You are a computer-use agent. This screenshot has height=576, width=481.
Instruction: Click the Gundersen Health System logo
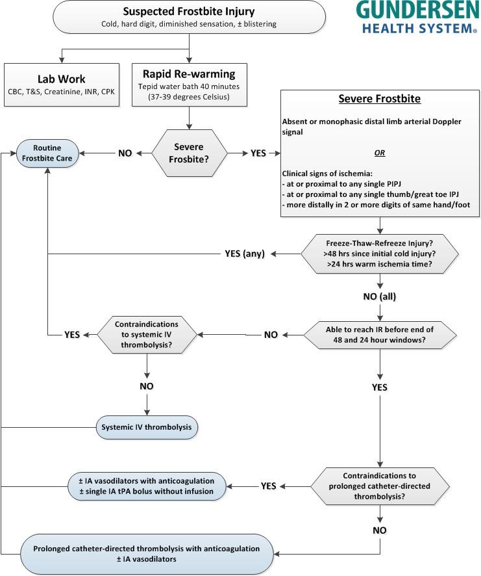[x=417, y=18]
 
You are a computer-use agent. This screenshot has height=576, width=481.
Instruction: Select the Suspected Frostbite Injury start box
[x=189, y=18]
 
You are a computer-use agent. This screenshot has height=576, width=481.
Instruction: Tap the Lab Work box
[x=62, y=85]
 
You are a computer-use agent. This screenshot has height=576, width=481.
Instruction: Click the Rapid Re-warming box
[x=190, y=85]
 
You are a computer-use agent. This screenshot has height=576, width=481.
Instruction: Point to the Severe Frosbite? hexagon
[x=189, y=153]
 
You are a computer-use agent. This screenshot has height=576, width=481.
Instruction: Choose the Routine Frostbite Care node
[x=47, y=153]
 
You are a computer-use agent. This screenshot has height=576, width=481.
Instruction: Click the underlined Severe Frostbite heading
[x=379, y=99]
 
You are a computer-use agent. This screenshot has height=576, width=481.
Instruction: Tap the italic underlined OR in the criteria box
[x=380, y=153]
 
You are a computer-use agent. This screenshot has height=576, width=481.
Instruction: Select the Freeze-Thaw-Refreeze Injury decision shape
[x=380, y=254]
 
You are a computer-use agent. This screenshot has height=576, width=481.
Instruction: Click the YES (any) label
[x=245, y=254]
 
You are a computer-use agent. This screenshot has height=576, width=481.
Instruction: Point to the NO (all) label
[x=380, y=296]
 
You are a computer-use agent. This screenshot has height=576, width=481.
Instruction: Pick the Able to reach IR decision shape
[x=380, y=335]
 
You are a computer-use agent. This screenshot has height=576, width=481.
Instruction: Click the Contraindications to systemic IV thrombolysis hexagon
[x=147, y=335]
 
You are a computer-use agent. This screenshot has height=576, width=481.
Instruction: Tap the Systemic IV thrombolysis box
[x=147, y=427]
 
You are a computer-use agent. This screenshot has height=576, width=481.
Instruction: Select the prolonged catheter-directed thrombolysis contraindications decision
[x=380, y=486]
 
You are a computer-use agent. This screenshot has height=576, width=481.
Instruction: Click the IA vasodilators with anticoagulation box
[x=147, y=486]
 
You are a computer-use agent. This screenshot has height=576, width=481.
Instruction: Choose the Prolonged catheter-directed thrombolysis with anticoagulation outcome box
[x=147, y=554]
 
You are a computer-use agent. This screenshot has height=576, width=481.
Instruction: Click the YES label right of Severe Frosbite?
[x=258, y=153]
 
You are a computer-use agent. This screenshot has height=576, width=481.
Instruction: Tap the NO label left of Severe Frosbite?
[x=125, y=153]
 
